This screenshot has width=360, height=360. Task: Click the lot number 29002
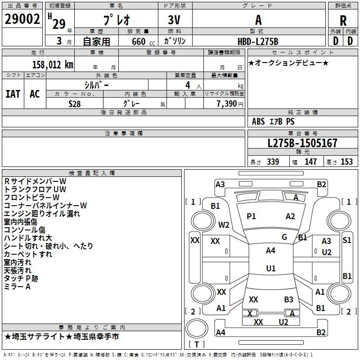pyautogui.click(x=22, y=19)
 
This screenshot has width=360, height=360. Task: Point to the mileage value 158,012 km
pyautogui.click(x=52, y=64)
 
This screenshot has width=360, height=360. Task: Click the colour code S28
pyautogui.click(x=75, y=104)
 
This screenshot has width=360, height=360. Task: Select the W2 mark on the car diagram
pyautogui.click(x=224, y=225)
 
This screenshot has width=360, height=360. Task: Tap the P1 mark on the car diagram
pyautogui.click(x=251, y=216)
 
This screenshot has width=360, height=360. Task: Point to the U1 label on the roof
pyautogui.click(x=270, y=269)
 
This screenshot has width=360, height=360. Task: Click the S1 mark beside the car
pyautogui.click(x=346, y=240)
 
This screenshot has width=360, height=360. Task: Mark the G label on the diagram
pyautogui.click(x=284, y=237)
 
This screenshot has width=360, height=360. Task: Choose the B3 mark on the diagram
pyautogui.click(x=288, y=299)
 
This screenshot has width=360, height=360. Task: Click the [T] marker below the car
pyautogui.click(x=196, y=345)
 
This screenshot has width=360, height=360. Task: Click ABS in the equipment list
pyautogui.click(x=258, y=121)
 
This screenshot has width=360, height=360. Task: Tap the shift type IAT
pyautogui.click(x=13, y=94)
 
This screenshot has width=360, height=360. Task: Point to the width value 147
pyautogui.click(x=310, y=162)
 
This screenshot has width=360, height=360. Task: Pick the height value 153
pyautogui.click(x=346, y=162)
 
